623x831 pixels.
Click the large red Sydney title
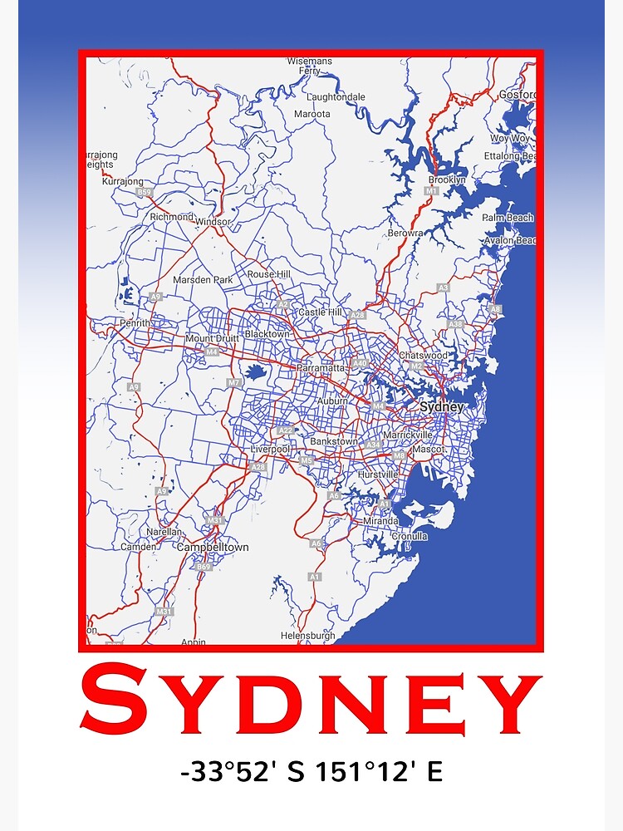click(311, 703)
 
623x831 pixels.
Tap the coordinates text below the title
click(311, 772)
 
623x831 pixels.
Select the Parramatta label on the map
click(325, 367)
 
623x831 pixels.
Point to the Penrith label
click(135, 322)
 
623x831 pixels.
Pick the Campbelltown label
click(213, 548)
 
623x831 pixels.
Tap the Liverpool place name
click(270, 450)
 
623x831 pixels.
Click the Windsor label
click(213, 222)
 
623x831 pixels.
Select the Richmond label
click(171, 217)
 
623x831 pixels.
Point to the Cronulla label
click(410, 537)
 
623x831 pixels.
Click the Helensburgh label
click(307, 636)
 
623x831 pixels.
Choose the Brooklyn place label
click(447, 179)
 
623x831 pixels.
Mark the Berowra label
click(405, 234)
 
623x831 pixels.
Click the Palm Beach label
click(508, 218)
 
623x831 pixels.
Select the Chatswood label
click(423, 356)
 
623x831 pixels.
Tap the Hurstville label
click(377, 475)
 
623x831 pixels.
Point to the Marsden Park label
click(203, 280)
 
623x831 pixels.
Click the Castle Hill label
click(320, 312)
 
